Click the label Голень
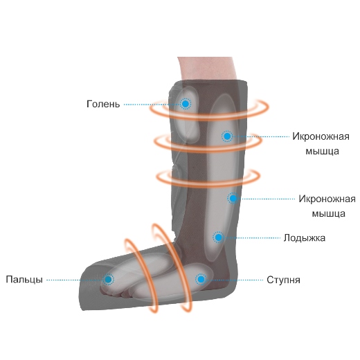(103, 104)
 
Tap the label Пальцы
(24, 280)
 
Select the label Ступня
(283, 280)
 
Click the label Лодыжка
(305, 238)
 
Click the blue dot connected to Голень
(186, 104)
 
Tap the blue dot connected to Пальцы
(108, 280)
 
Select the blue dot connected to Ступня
(201, 280)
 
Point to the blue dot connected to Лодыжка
(218, 237)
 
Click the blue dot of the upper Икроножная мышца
(227, 136)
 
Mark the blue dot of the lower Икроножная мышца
(233, 198)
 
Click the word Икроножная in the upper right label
(321, 136)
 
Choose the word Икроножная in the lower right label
(327, 199)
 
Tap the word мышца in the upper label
(322, 152)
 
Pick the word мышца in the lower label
(329, 214)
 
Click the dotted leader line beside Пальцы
(75, 280)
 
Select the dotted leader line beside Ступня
(235, 280)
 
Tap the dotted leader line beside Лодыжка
(252, 237)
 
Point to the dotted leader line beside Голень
(152, 105)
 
